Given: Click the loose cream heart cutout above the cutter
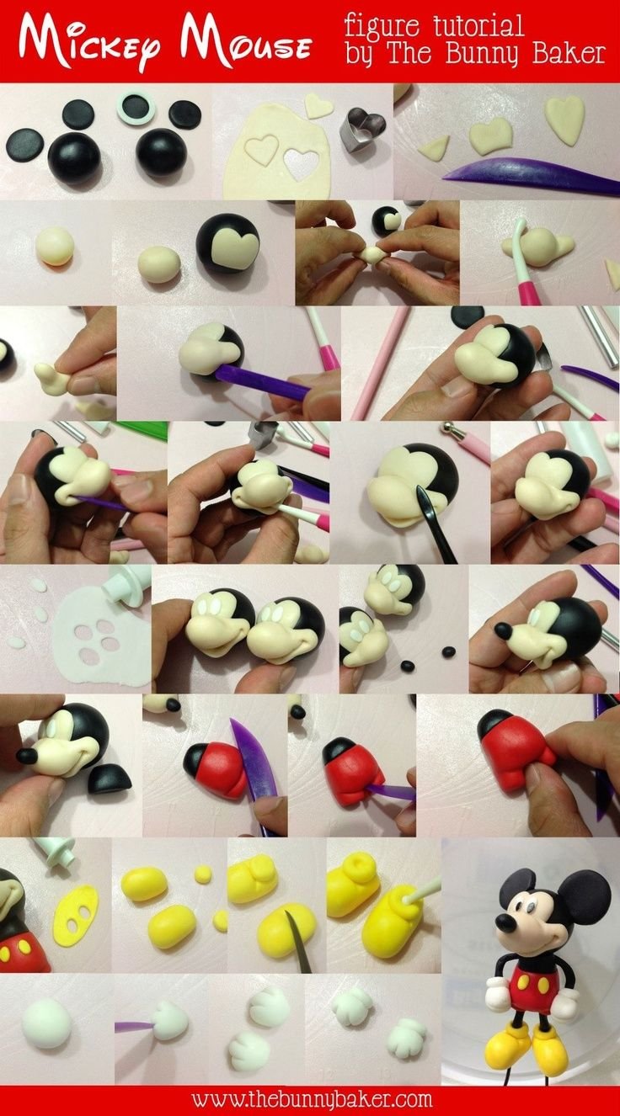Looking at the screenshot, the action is [318, 105].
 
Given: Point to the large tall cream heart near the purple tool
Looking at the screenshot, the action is [564, 120].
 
